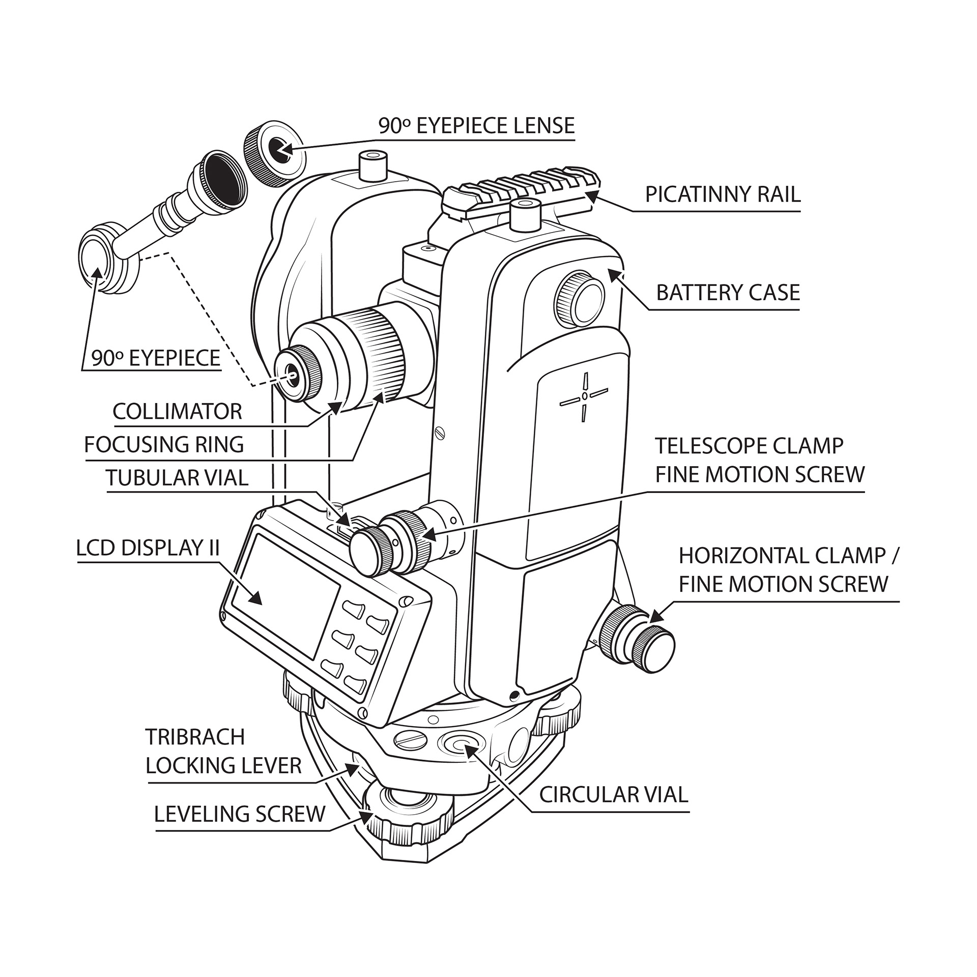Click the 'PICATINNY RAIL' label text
[x=723, y=194]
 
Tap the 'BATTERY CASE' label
[x=728, y=293]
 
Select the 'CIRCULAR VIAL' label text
[x=613, y=794]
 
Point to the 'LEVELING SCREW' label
[x=239, y=814]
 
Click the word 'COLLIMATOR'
[x=177, y=412]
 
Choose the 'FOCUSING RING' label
[x=164, y=445]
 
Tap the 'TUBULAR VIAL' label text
[x=177, y=478]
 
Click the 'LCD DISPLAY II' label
[x=148, y=548]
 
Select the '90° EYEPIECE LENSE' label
[x=476, y=126]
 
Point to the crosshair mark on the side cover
[x=585, y=396]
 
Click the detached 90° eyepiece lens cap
[x=275, y=155]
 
